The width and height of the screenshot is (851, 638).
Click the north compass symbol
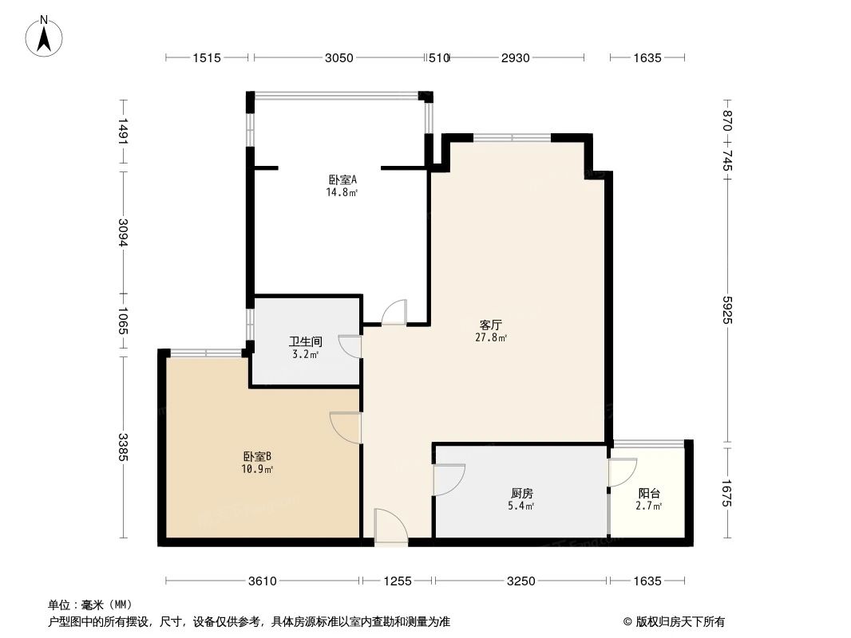pos(46,36)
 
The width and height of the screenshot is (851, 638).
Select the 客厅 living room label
pos(491,325)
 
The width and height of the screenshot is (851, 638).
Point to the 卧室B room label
pos(258,457)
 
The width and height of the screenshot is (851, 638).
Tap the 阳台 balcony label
pos(649,494)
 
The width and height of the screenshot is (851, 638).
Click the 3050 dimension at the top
pos(339,57)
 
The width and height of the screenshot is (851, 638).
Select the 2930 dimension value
pos(517,57)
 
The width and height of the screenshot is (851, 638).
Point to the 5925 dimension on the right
pos(726,309)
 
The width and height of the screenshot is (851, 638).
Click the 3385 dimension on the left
pos(123,451)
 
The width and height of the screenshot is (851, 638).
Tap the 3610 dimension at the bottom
pos(261,581)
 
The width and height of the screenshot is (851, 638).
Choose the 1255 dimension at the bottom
pos(396,581)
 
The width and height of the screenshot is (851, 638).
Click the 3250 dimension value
pos(520,581)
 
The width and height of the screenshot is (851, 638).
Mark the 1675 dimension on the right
pos(726,493)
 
